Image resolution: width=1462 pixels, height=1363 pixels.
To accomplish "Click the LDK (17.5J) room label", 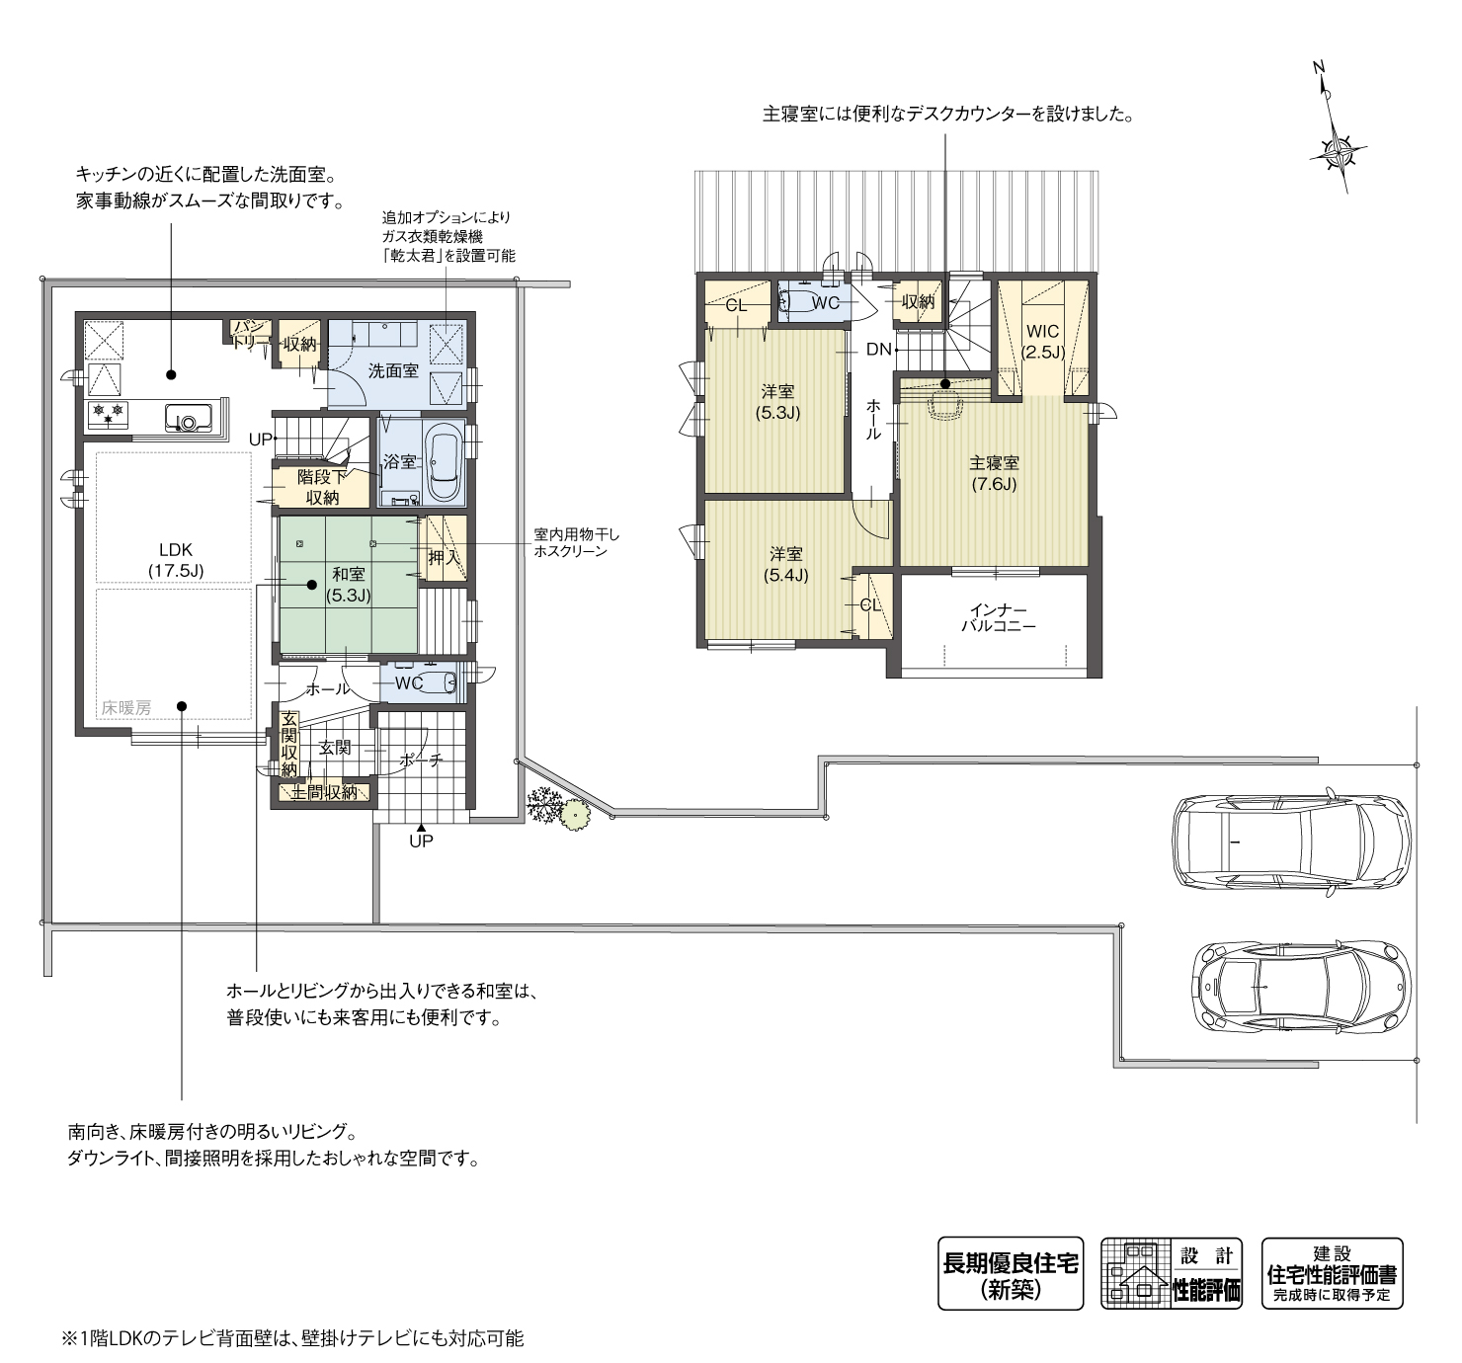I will pos(175,560).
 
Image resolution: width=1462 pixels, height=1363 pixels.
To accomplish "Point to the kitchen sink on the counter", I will pos(188,420).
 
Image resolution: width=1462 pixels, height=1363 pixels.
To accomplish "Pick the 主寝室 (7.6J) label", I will pos(993,473).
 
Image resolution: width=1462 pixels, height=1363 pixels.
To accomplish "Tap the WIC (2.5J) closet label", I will pos(1042,342).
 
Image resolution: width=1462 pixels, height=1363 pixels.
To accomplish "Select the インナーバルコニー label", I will pos(999,618).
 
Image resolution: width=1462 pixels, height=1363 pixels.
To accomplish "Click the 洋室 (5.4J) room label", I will pos(786,564).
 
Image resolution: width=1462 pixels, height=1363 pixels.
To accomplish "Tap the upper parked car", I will pos(1291,844).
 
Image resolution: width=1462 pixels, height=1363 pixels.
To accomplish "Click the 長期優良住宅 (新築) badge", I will pos(1010,1274).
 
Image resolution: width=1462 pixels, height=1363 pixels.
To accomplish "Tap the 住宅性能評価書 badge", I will pos(1332,1274).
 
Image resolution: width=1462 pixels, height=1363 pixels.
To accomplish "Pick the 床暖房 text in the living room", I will pos(125,708).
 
